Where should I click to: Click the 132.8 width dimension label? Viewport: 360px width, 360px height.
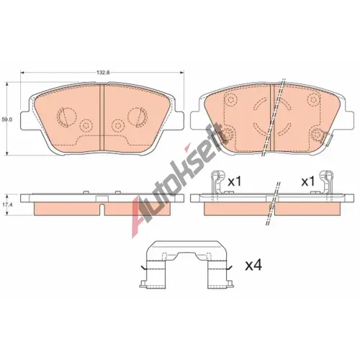click(103, 73)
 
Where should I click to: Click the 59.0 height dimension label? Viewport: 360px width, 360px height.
click(6, 119)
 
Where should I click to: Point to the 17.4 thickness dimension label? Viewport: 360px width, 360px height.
click(6, 204)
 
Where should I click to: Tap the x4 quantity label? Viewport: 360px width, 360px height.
click(253, 266)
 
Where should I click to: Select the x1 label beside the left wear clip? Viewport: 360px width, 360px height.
click(234, 182)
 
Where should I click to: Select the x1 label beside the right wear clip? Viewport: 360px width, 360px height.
click(308, 182)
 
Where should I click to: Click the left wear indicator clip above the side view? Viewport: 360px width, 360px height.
click(217, 182)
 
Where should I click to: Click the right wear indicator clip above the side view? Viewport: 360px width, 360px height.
click(326, 182)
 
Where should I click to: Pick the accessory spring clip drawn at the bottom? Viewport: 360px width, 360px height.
click(186, 265)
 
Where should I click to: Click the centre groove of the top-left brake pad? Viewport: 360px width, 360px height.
click(102, 118)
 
